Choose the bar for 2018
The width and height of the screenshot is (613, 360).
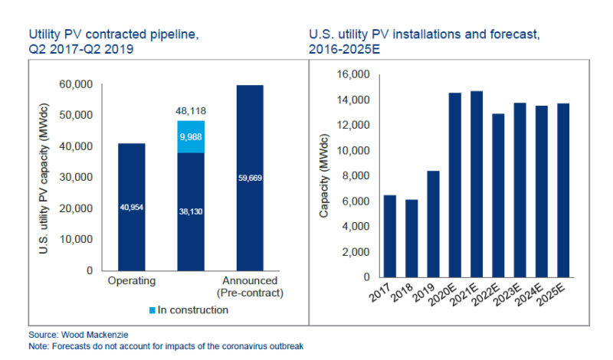click(412, 238)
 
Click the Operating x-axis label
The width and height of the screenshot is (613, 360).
click(133, 281)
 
